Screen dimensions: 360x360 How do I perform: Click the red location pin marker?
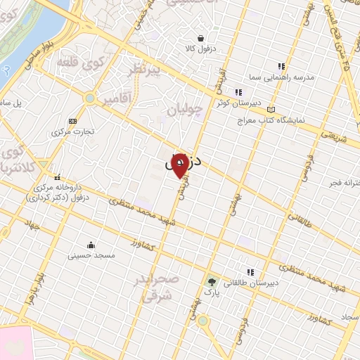click(179, 165)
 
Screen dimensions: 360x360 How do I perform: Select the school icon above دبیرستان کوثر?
click(238, 91)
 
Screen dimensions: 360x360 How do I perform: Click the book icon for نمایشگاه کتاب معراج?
click(271, 109)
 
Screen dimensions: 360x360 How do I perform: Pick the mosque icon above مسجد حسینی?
click(91, 245)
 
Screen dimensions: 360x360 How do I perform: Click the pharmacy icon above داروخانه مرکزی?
click(56, 177)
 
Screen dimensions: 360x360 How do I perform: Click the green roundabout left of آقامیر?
click(89, 98)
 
